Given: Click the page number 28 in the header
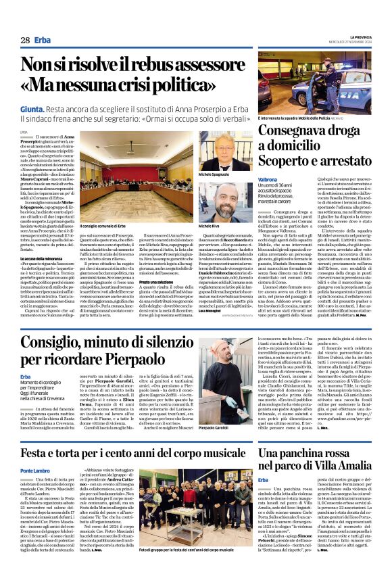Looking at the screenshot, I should click(25, 41).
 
